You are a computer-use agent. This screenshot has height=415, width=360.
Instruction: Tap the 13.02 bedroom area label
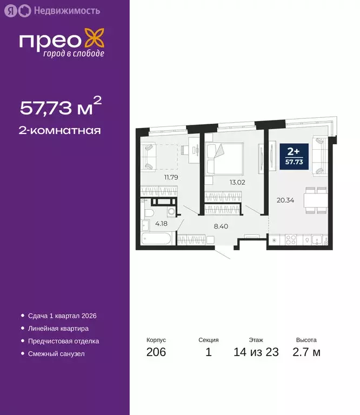(x=237, y=182)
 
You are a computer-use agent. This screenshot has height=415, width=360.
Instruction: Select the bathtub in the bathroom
(x=156, y=239)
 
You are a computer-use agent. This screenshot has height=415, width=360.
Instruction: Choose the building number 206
(x=156, y=353)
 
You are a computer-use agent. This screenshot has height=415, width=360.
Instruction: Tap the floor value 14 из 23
(x=256, y=353)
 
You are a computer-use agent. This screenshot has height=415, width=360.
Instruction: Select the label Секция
(x=208, y=340)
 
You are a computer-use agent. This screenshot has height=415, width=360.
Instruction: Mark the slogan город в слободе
(x=74, y=54)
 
